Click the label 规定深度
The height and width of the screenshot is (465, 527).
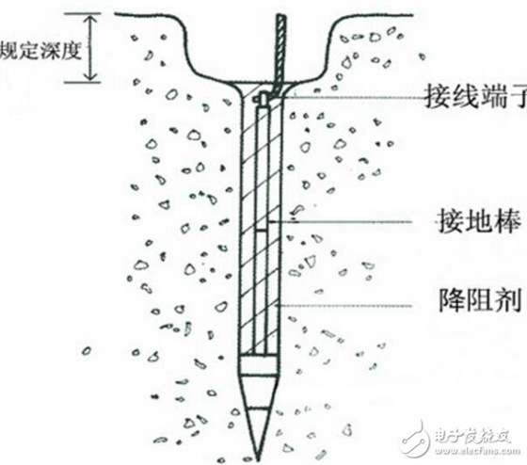[40, 51]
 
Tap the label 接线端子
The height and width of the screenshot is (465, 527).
[475, 97]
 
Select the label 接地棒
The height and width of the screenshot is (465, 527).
[479, 221]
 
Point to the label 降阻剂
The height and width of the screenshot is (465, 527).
[480, 300]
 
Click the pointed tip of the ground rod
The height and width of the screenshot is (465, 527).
[258, 460]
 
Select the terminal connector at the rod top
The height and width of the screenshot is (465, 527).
[262, 99]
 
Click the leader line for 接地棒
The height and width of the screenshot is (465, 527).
[340, 221]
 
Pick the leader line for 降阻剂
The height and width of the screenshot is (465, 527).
[343, 306]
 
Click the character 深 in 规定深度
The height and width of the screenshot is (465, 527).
[50, 51]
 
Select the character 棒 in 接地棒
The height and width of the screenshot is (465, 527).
[507, 221]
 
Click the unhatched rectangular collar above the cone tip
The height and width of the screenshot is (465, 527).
[259, 364]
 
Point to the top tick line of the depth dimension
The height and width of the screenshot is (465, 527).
[83, 13]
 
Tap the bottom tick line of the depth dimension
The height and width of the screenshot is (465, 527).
[83, 82]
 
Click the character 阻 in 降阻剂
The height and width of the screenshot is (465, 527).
[480, 300]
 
